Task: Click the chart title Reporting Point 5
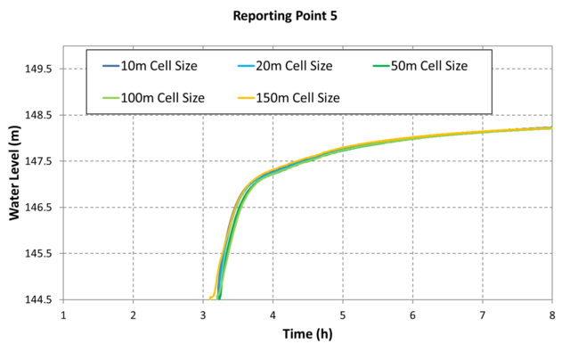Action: [284, 15]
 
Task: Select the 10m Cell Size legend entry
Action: [159, 65]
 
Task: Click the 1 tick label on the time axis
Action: [63, 315]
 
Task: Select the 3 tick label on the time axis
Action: [203, 315]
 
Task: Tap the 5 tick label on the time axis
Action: [343, 315]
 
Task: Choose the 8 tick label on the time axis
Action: [551, 315]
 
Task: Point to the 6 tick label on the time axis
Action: [412, 315]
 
